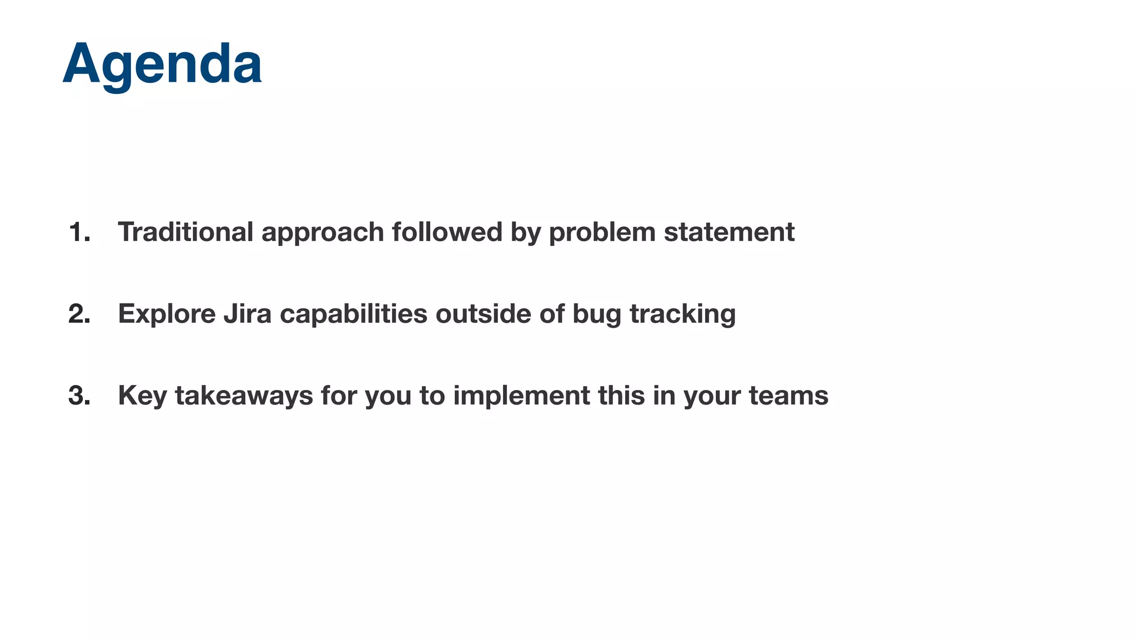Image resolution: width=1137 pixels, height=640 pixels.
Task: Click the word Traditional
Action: point(185,232)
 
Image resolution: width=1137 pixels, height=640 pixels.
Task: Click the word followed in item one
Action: point(447,232)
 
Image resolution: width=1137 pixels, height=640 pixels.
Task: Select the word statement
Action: point(729,232)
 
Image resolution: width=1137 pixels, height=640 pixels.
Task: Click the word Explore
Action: point(167,314)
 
